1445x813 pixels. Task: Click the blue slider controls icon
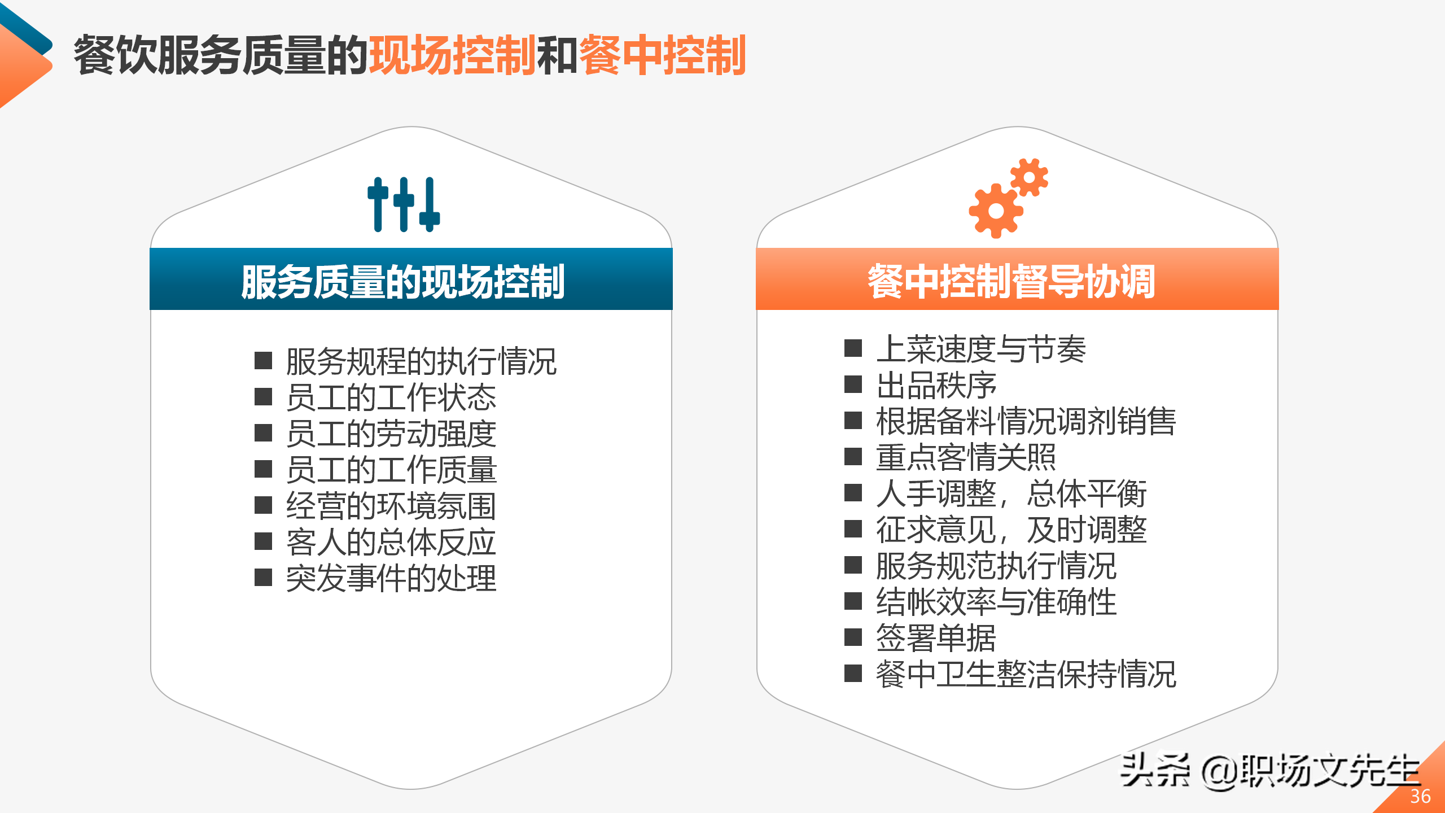point(404,204)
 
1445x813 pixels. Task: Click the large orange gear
point(996,211)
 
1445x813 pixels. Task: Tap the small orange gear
point(1029,177)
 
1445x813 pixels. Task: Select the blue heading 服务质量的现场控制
point(403,281)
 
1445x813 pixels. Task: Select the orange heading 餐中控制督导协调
point(1011,281)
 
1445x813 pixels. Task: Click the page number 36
point(1420,796)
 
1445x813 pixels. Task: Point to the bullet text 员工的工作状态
point(391,397)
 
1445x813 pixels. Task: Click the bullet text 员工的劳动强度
point(391,433)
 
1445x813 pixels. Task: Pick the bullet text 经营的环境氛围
point(391,505)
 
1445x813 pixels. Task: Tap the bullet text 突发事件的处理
point(391,578)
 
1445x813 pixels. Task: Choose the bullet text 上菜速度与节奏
point(981,348)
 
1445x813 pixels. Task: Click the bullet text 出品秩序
point(936,384)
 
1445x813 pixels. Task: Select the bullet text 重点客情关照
point(966,457)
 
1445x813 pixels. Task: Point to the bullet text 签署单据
point(936,637)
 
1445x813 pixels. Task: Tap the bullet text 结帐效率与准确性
point(996,601)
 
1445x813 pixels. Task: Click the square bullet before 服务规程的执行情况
point(263,360)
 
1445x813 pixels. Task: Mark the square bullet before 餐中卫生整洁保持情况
point(853,674)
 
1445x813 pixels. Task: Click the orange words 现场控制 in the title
point(452,55)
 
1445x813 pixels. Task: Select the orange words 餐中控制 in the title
point(663,55)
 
